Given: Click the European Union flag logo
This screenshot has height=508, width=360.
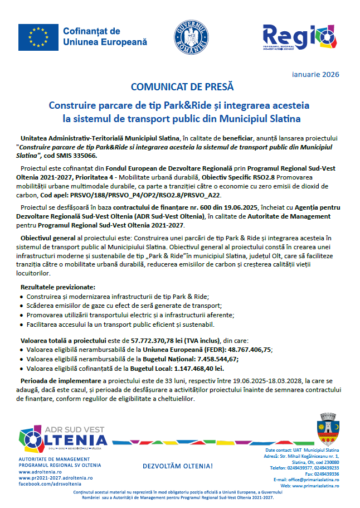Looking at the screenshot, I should click(38, 37).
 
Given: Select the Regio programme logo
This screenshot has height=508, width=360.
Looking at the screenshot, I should click(292, 36).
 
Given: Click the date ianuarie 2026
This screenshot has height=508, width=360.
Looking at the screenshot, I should click(315, 74).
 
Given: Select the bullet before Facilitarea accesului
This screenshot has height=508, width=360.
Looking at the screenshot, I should click(21, 325).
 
